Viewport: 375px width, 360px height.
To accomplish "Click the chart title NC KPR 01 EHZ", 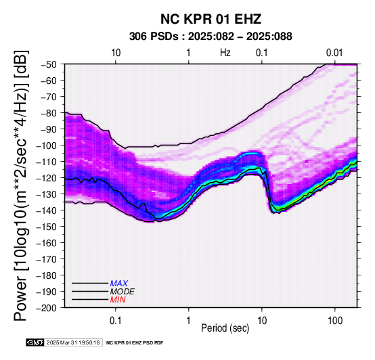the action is pos(211,19).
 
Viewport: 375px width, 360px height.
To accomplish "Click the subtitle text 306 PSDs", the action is pos(154,37).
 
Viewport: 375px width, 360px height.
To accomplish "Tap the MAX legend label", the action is pos(119,284).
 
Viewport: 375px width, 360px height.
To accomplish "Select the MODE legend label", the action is pos(123,292).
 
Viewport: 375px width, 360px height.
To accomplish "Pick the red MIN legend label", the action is pos(118,300).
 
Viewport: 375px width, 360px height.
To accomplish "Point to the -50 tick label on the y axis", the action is pos(49,64).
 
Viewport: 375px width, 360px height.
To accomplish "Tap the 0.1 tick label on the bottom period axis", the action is pos(116,321).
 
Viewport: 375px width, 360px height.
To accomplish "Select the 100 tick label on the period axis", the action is pos(335,321).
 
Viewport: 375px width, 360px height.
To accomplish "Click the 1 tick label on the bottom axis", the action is pos(189,321).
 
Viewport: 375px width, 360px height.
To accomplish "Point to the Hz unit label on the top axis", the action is pos(225,53).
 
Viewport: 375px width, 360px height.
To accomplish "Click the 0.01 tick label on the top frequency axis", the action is pos(334,53).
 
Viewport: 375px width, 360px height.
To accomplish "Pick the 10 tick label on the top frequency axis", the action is pos(116,53).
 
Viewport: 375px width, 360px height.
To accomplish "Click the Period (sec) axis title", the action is pos(225,328).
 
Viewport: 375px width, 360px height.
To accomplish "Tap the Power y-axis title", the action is pos(21,185).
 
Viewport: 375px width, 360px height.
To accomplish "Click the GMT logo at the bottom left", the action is pos(35,343).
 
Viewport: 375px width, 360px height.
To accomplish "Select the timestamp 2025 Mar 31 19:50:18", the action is pos(73,343).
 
